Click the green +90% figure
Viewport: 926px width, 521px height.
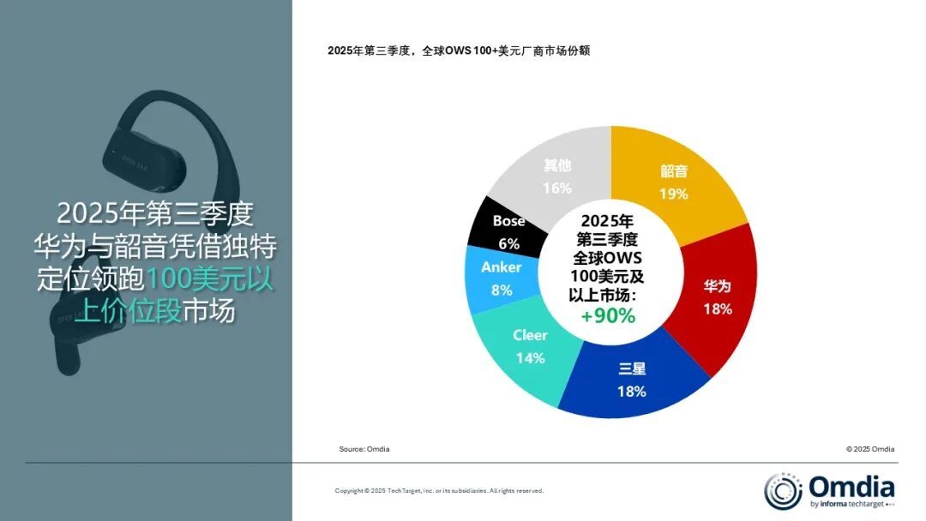coord(608,315)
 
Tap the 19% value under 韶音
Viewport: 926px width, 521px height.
coord(674,194)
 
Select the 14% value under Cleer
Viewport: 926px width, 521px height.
coord(530,357)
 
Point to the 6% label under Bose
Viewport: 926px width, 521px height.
coord(509,243)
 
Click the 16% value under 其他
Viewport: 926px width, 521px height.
coord(557,188)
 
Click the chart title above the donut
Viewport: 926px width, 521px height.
coord(459,51)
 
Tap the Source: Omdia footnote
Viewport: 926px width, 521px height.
coord(365,449)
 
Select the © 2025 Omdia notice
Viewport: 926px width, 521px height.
coord(870,449)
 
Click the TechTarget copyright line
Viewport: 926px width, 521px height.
coord(439,491)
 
